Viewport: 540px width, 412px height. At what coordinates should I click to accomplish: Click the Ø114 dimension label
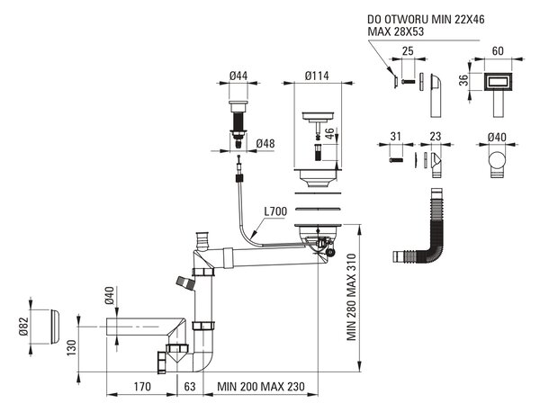click(x=317, y=76)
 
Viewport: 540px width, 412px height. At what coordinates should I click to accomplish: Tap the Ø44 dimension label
click(x=238, y=76)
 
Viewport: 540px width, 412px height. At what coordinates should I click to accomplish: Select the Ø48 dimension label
click(x=265, y=143)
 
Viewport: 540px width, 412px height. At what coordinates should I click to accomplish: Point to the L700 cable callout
click(x=275, y=211)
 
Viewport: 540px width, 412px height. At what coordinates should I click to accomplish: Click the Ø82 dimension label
click(x=23, y=326)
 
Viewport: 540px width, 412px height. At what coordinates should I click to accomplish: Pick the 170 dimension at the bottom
click(x=142, y=387)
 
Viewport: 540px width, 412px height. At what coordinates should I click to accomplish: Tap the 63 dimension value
click(x=189, y=387)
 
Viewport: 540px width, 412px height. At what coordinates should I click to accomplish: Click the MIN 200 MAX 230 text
click(x=261, y=387)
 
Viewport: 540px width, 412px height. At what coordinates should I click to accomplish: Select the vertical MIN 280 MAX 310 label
click(x=351, y=298)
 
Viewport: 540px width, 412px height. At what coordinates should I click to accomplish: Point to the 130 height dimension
click(x=71, y=347)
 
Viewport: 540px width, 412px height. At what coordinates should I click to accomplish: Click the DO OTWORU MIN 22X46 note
click(x=426, y=20)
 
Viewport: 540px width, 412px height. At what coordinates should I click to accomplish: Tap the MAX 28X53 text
click(x=396, y=31)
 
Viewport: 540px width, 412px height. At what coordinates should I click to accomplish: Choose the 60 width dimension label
click(x=498, y=51)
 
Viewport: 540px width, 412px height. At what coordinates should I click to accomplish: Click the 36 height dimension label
click(x=464, y=80)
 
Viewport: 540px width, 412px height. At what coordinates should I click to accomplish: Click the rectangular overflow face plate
click(x=499, y=83)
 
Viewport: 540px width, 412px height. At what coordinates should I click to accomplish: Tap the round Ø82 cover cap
click(x=55, y=327)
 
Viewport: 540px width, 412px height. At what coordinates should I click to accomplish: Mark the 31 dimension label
click(x=396, y=137)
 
